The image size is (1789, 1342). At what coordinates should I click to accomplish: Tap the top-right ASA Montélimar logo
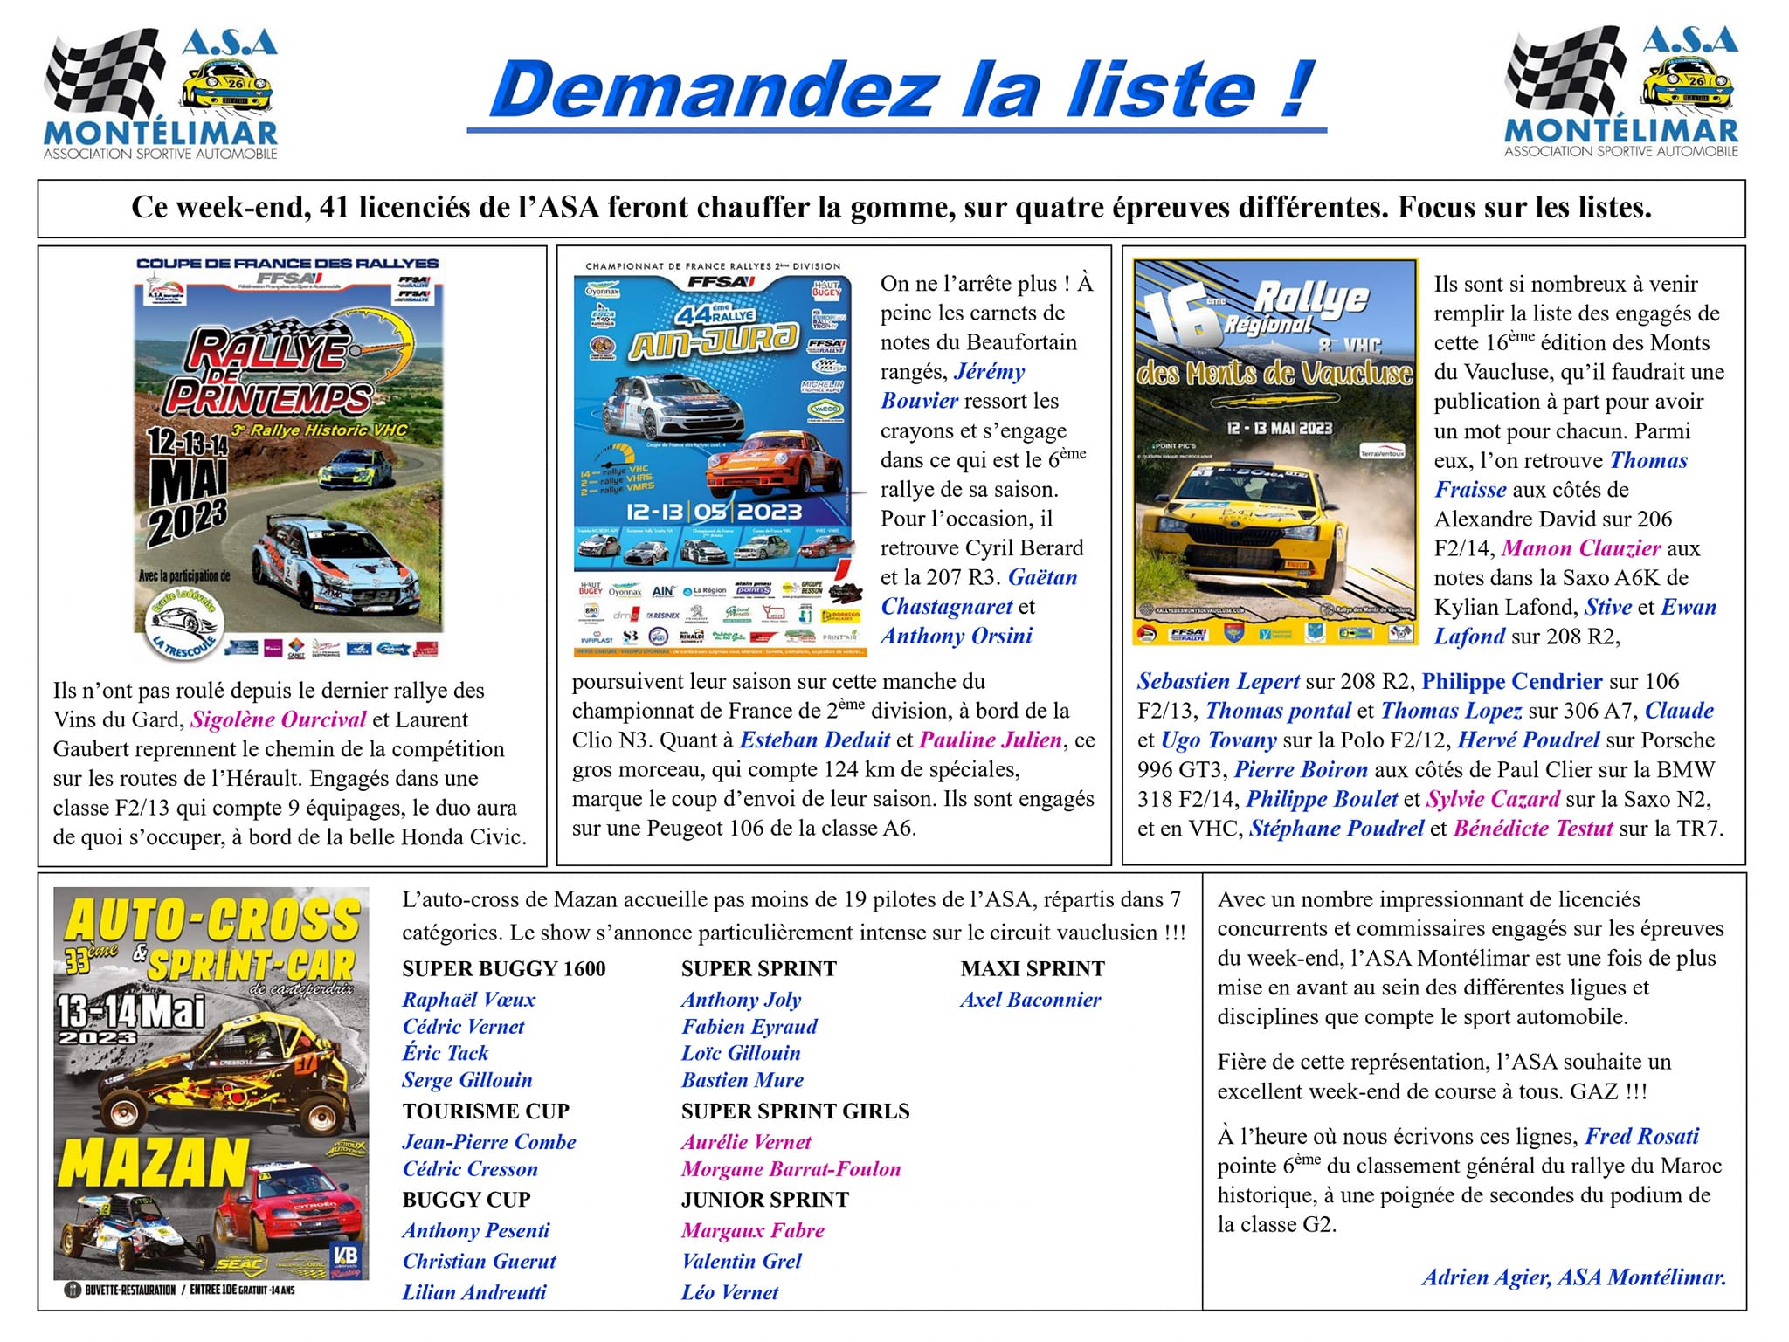tap(1621, 93)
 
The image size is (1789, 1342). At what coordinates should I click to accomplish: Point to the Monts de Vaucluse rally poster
tap(1274, 452)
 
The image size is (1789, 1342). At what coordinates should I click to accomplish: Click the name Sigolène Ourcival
tap(278, 719)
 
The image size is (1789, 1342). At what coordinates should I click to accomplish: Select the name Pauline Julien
tap(991, 740)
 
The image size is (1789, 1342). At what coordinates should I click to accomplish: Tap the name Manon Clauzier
tap(1581, 548)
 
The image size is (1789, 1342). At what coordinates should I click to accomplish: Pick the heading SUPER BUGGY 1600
tap(504, 968)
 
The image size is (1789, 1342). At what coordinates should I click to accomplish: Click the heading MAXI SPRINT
tap(1033, 968)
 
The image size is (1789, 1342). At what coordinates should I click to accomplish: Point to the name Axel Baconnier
tap(1031, 1000)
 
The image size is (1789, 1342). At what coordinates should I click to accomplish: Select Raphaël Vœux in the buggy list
tap(469, 1000)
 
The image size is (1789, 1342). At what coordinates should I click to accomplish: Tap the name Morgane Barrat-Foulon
tap(791, 1169)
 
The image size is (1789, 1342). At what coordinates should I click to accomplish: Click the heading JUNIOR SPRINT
tap(764, 1200)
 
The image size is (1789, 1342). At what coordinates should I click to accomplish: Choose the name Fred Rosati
tap(1642, 1136)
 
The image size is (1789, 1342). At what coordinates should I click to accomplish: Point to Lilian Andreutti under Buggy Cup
tap(474, 1292)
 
